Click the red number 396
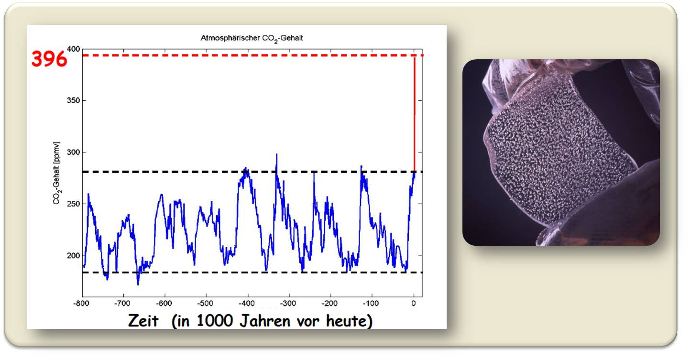coord(49,59)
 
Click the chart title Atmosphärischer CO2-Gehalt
coord(252,38)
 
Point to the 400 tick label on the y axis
coord(74,49)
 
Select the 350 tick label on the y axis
coord(74,100)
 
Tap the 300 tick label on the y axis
coord(74,152)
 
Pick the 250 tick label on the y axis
coord(74,204)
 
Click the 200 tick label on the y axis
coord(74,256)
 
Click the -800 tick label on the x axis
coord(81,304)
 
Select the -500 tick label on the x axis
coord(205,304)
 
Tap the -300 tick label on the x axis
coord(288,304)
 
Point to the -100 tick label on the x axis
coord(371,304)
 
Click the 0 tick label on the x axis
coord(414,304)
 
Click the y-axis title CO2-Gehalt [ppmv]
coord(57,173)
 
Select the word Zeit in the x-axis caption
coord(143,321)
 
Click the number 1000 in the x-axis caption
coord(215,321)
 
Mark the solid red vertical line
coord(415,115)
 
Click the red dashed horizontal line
coord(253,55)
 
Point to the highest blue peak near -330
coord(277,154)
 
